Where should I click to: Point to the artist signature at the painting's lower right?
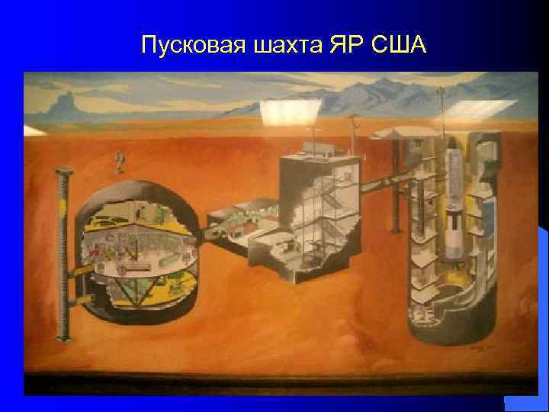tap(480, 346)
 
